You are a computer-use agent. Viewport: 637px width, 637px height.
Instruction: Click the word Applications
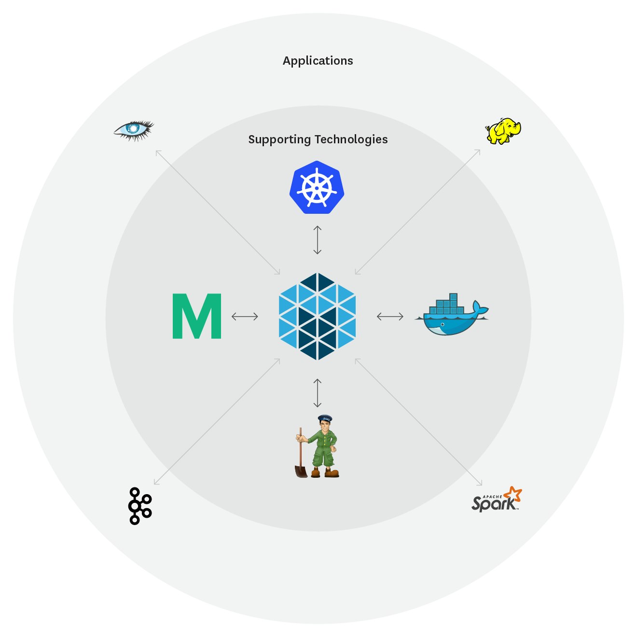tap(318, 61)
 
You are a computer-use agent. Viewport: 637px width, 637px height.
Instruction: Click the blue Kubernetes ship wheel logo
tap(317, 187)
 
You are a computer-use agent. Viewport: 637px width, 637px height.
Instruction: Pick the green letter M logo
tap(197, 316)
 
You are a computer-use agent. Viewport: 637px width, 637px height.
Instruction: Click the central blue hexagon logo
tap(317, 316)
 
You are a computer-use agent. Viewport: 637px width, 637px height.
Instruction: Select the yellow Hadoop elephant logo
tap(503, 130)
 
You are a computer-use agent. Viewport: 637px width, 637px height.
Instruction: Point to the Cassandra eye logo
tap(133, 129)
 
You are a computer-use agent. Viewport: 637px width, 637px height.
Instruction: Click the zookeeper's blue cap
tap(325, 418)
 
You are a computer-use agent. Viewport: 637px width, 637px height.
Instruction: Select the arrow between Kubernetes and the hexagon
tap(317, 239)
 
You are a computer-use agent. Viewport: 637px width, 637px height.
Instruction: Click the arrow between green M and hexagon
tap(245, 317)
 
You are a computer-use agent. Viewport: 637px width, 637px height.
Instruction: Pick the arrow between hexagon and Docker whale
tap(390, 317)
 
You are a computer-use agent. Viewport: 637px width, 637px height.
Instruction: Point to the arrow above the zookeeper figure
tap(317, 393)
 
